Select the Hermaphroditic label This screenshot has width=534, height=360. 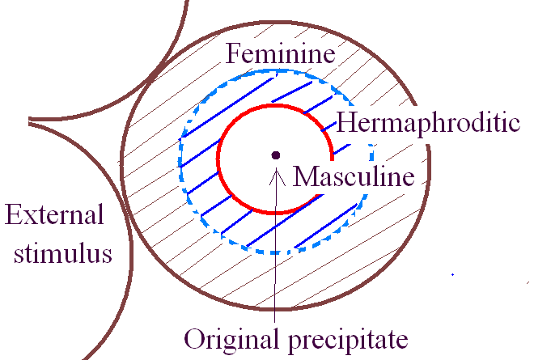427,123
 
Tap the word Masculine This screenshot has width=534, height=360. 354,176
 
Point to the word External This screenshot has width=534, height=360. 55,215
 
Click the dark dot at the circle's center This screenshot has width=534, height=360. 276,155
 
